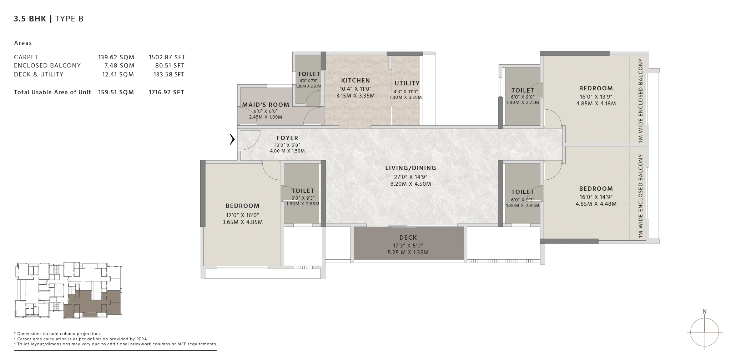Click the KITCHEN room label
tap(356, 80)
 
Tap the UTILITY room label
tap(407, 83)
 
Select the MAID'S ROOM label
tap(266, 104)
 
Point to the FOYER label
tap(287, 138)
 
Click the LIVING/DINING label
tap(410, 168)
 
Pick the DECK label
tap(408, 237)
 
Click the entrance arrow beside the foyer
tap(232, 139)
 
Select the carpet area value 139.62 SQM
tap(116, 57)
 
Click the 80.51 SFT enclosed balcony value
tap(170, 65)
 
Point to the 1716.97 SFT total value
tap(166, 92)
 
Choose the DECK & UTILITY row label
tap(39, 74)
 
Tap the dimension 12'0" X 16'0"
tap(242, 215)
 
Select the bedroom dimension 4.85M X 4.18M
tap(596, 104)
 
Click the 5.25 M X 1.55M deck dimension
tap(408, 252)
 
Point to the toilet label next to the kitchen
tap(309, 74)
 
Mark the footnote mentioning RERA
tap(80, 339)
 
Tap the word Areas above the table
tap(23, 43)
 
